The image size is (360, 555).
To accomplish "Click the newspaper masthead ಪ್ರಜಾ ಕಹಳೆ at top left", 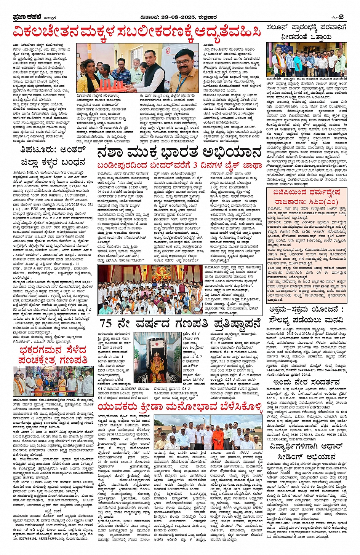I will (25, 17).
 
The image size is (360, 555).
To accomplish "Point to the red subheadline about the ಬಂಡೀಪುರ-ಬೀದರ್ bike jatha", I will (179, 166).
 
